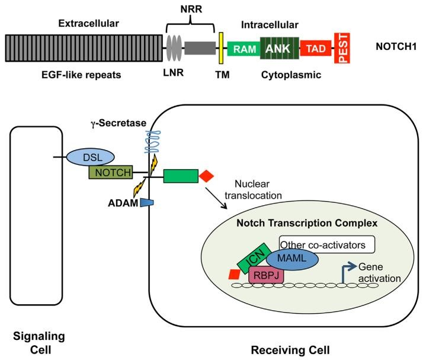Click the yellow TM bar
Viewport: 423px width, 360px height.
point(221,48)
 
